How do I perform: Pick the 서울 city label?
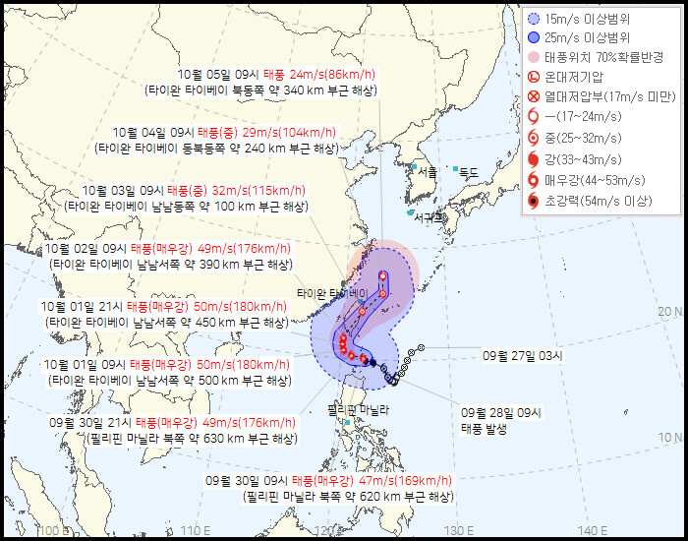[427, 170]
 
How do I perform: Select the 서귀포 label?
[429, 217]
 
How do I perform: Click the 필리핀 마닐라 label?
[359, 409]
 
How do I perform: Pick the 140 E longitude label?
[592, 531]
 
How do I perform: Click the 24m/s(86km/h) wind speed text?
[303, 73]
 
